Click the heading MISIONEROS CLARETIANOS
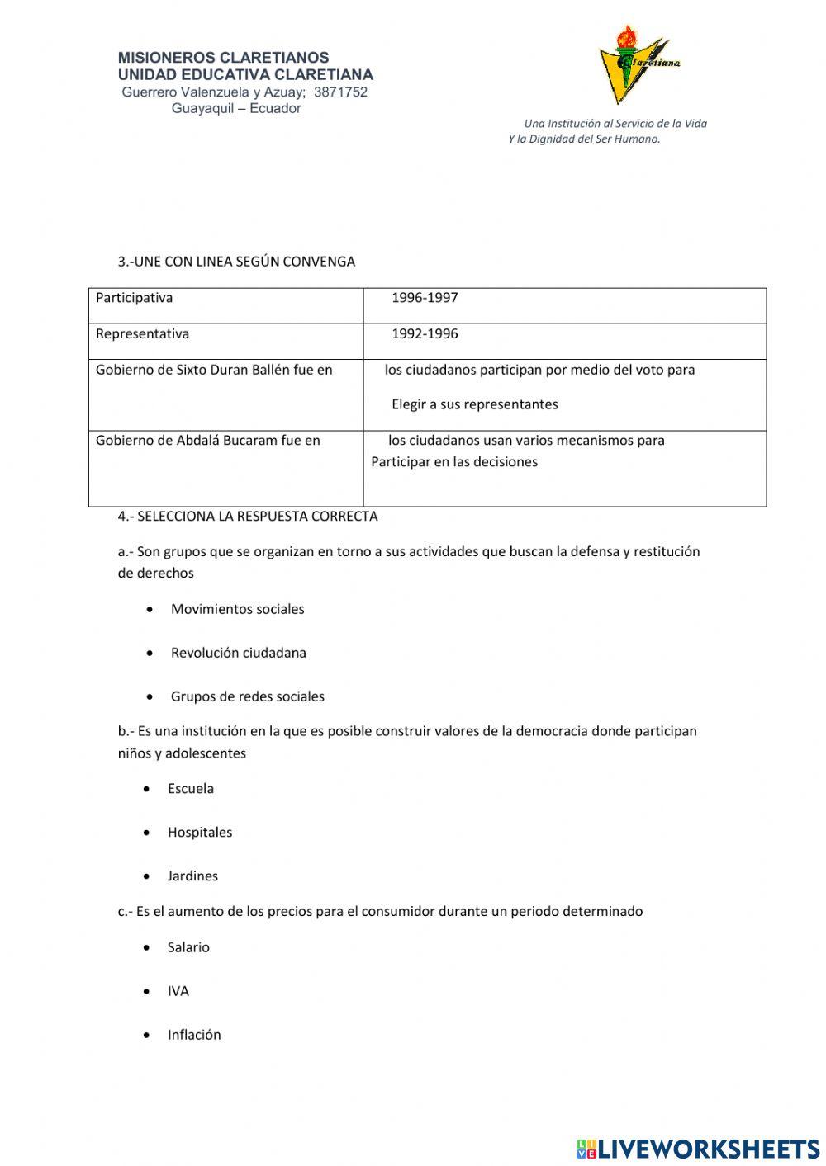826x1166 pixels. [x=223, y=58]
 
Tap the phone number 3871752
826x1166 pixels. [x=340, y=92]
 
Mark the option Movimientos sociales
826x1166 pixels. [x=237, y=609]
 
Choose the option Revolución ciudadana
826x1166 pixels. [x=238, y=653]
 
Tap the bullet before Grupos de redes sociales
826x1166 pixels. [x=150, y=696]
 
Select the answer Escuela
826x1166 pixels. [x=190, y=789]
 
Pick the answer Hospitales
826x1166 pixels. [x=199, y=833]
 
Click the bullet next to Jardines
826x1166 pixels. [x=147, y=876]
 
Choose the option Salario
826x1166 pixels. [x=188, y=947]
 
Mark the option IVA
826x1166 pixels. [x=178, y=991]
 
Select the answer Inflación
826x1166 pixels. [x=194, y=1035]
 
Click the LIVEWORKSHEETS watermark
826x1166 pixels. [x=698, y=1149]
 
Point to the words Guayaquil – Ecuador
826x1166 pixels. [x=236, y=108]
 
